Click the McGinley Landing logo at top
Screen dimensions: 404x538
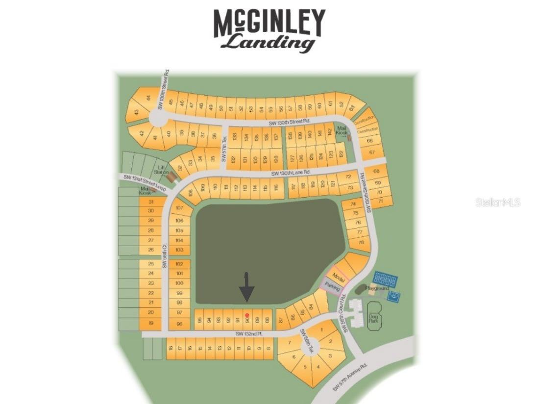point(269,29)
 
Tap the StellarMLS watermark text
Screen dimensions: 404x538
point(497,202)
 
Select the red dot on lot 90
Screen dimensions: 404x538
point(247,315)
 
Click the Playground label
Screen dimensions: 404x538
point(377,288)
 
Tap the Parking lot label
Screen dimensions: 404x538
point(332,287)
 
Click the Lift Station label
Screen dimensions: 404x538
point(161,170)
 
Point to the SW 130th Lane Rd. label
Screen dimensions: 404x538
point(292,173)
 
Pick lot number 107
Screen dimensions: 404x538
point(179,208)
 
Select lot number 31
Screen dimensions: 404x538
point(151,202)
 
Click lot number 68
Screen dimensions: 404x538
point(377,172)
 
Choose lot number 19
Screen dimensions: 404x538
point(151,323)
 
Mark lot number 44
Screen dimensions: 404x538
point(148,98)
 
